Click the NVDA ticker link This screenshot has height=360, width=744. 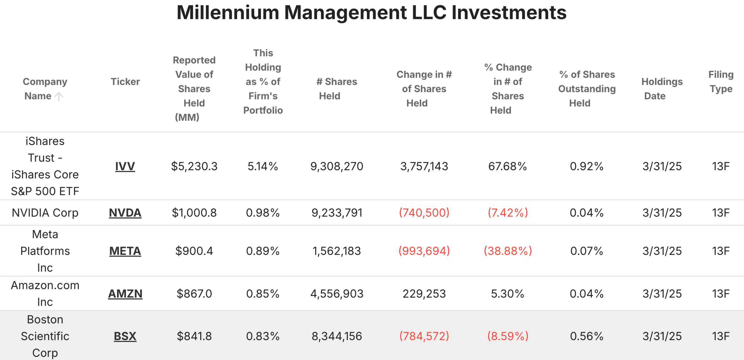tap(125, 213)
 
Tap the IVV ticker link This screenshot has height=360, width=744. tap(125, 166)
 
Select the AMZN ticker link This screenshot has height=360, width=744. tap(125, 294)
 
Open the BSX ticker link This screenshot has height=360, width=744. tap(125, 336)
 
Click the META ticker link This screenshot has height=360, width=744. tap(125, 251)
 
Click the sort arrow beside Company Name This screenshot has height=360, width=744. tap(59, 96)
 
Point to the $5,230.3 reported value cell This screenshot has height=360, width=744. tap(194, 166)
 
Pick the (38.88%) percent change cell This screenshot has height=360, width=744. tap(508, 251)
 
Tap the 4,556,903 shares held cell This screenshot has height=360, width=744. tap(337, 294)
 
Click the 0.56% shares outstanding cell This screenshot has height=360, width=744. tap(586, 336)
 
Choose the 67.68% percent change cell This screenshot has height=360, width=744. tap(507, 166)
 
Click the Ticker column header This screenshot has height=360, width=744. tap(125, 82)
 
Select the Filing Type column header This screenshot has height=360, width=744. tap(721, 82)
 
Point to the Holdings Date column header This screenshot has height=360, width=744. tap(662, 89)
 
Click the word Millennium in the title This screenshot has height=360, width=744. tap(228, 13)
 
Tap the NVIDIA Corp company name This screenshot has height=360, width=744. tap(45, 213)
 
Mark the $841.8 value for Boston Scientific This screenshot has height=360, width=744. tap(194, 336)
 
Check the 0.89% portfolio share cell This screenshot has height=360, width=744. tap(263, 251)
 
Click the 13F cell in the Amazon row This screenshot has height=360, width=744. tap(721, 294)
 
